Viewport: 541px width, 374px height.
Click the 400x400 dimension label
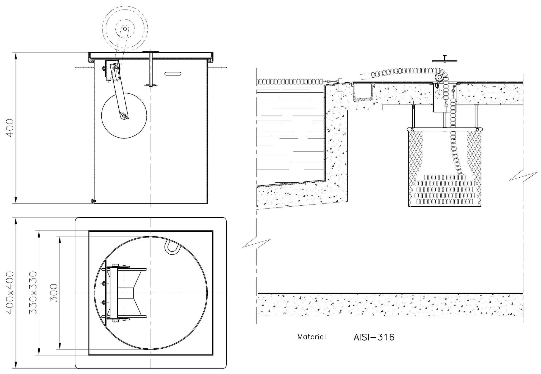tap(10, 293)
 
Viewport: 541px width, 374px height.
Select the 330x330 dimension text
tap(33, 293)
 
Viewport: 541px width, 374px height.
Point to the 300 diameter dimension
tap(54, 293)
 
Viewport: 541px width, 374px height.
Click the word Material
tap(311, 337)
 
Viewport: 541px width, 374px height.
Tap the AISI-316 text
tap(374, 337)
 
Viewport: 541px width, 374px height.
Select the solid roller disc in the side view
tap(124, 115)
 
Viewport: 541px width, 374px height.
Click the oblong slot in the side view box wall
tap(173, 74)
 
